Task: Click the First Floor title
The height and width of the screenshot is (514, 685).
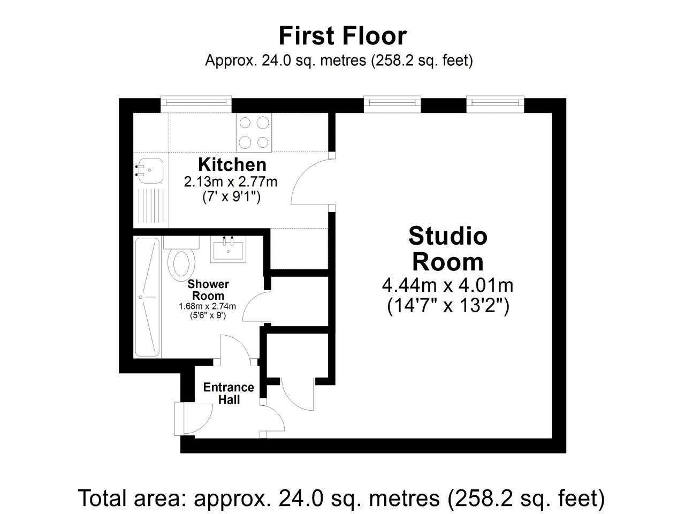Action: [x=342, y=36]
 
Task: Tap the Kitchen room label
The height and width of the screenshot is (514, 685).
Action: [x=232, y=164]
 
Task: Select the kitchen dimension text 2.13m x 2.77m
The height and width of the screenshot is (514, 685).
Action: [x=231, y=182]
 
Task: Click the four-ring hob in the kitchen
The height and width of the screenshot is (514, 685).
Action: [x=254, y=133]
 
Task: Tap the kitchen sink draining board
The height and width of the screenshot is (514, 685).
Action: [x=151, y=206]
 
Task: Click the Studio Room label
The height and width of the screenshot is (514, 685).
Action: [x=448, y=249]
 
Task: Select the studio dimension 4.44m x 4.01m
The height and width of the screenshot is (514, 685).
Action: [x=448, y=285]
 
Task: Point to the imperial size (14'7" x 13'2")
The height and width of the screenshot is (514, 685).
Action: [x=448, y=306]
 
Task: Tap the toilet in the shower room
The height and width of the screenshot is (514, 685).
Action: [x=181, y=258]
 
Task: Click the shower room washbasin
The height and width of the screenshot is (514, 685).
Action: [x=228, y=249]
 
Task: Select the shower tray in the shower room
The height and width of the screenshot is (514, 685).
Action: [x=147, y=297]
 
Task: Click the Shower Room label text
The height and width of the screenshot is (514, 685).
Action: [x=208, y=290]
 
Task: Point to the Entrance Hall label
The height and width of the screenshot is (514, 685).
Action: [x=229, y=393]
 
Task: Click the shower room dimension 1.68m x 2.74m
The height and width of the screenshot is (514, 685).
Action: [x=207, y=306]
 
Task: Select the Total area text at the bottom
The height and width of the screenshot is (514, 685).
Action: [x=341, y=498]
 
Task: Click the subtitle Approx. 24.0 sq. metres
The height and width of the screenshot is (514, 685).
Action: [x=339, y=60]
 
